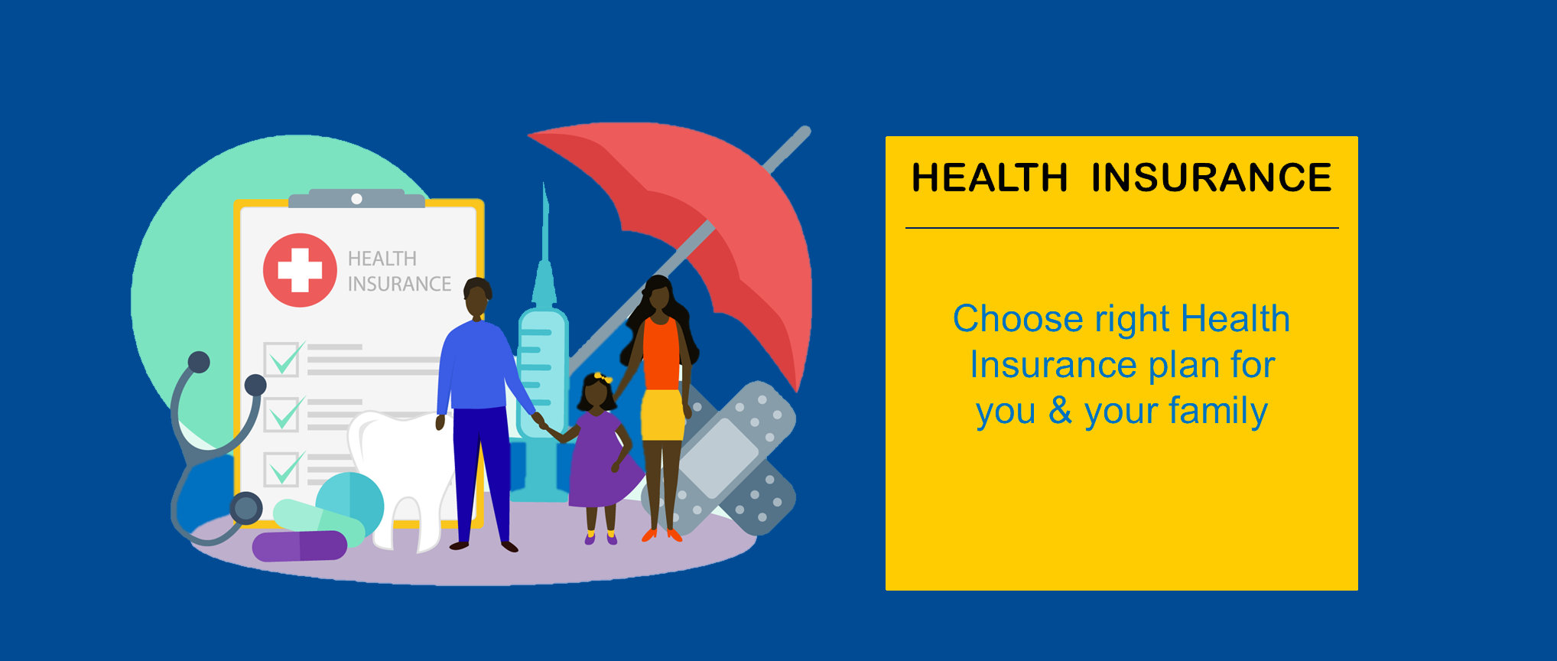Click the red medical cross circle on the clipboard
[300, 270]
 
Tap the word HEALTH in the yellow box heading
[990, 177]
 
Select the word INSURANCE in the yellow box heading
[1211, 177]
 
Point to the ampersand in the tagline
[1060, 410]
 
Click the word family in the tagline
[1218, 412]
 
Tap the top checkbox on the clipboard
[282, 359]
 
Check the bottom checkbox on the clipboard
[282, 468]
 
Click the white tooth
[401, 474]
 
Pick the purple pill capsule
[299, 546]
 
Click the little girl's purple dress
[604, 461]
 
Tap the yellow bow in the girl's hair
[603, 378]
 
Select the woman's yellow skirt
[662, 415]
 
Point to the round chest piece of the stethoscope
[246, 508]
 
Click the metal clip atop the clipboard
[356, 199]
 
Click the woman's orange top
[661, 354]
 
